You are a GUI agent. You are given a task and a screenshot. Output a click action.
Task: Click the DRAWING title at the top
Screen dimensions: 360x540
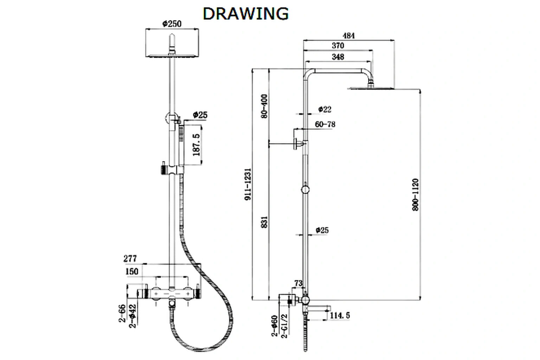[x=246, y=14]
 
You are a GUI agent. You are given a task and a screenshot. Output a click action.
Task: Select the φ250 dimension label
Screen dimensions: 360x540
[x=172, y=24]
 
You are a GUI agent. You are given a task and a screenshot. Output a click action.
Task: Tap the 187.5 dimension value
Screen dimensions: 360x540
[x=196, y=144]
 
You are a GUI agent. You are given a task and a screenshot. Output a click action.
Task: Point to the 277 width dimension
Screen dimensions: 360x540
[x=130, y=259]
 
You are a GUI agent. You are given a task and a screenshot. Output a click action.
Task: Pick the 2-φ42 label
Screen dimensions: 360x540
[x=133, y=316]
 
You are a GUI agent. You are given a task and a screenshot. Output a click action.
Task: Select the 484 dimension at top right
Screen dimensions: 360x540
[x=348, y=36]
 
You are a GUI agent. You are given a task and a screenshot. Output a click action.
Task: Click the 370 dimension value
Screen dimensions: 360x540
[x=338, y=46]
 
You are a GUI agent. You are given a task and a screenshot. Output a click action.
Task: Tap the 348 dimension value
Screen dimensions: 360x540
[x=338, y=57]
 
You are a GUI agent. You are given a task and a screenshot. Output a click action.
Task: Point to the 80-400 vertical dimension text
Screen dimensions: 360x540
[x=264, y=106]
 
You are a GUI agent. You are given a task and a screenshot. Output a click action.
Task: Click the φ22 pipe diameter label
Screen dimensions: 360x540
[x=324, y=109]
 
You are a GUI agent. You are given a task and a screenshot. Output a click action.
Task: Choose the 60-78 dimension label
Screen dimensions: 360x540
[x=325, y=124]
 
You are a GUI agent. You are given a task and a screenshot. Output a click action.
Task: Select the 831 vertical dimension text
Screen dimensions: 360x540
[x=264, y=222]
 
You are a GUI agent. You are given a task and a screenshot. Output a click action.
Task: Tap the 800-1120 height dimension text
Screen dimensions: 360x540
[x=416, y=194]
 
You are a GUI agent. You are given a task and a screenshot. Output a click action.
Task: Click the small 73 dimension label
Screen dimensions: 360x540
[x=298, y=283]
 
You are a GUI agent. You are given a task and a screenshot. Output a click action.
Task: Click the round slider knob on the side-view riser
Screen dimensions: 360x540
[x=306, y=190]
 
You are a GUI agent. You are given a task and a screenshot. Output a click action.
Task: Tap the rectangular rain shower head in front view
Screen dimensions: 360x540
[x=172, y=43]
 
